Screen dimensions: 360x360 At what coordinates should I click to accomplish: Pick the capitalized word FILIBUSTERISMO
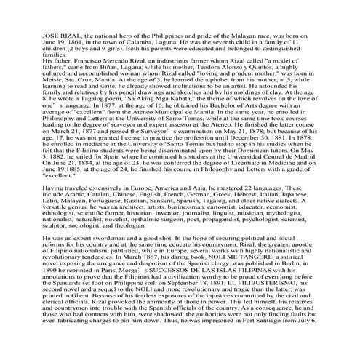(266, 302)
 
